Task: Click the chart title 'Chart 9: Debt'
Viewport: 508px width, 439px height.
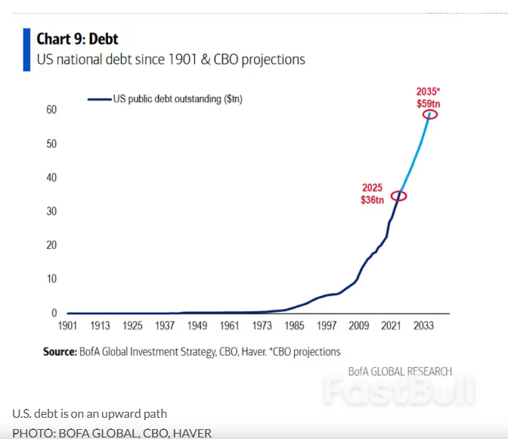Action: pos(77,39)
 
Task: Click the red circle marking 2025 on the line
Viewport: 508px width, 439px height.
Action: pos(399,196)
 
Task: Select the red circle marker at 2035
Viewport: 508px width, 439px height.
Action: pos(430,114)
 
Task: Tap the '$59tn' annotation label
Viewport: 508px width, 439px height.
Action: pos(429,102)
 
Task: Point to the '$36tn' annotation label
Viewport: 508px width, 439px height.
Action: pos(372,200)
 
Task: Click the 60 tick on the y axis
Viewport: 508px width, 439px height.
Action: pos(51,110)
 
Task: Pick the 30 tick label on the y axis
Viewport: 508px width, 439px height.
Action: pos(51,211)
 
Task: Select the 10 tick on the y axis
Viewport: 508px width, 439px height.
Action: pos(51,279)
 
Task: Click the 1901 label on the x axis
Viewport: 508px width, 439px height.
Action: pos(68,326)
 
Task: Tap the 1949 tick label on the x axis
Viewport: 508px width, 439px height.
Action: pos(197,326)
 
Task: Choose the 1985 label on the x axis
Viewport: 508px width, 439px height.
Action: pos(294,326)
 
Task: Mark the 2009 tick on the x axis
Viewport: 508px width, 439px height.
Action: pos(359,326)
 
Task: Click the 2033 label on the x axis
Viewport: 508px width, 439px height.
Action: pos(423,326)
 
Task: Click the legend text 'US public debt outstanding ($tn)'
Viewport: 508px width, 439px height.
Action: pos(178,98)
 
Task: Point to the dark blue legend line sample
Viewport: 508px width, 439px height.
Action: pos(99,98)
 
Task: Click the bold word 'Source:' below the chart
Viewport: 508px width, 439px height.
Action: pos(59,351)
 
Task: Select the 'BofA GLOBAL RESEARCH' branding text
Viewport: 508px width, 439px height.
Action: pos(400,372)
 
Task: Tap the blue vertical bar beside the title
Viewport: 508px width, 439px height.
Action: pos(27,50)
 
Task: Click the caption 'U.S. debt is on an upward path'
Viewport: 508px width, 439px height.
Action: pos(89,413)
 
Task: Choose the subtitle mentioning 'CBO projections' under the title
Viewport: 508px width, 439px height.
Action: pos(171,59)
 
